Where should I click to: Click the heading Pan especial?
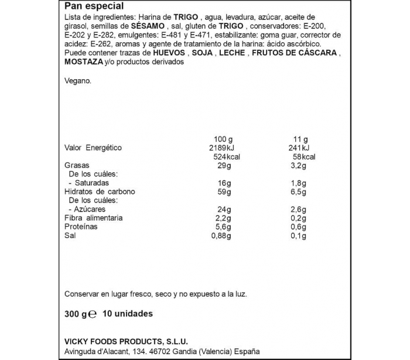click(94, 6)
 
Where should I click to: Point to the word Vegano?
click(78, 81)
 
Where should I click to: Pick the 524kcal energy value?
click(225, 157)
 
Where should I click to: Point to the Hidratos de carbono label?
click(100, 192)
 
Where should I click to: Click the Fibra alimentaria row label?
click(94, 218)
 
